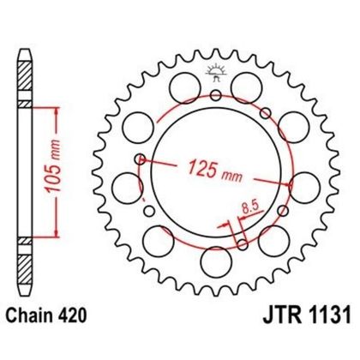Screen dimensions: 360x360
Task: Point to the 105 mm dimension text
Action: click(x=72, y=171)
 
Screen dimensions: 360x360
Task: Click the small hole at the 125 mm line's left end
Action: click(x=140, y=158)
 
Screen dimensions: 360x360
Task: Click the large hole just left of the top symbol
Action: click(x=180, y=83)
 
